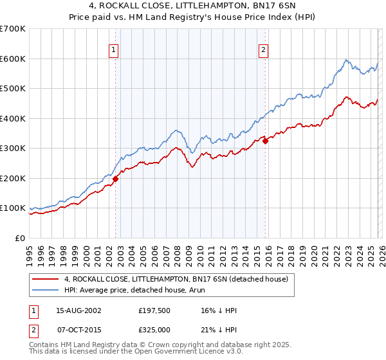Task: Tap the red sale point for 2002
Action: pyautogui.click(x=116, y=179)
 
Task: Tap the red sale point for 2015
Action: pyautogui.click(x=265, y=141)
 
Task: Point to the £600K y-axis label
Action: pyautogui.click(x=13, y=59)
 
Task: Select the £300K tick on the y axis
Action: pyautogui.click(x=13, y=148)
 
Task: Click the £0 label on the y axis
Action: pyautogui.click(x=21, y=238)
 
